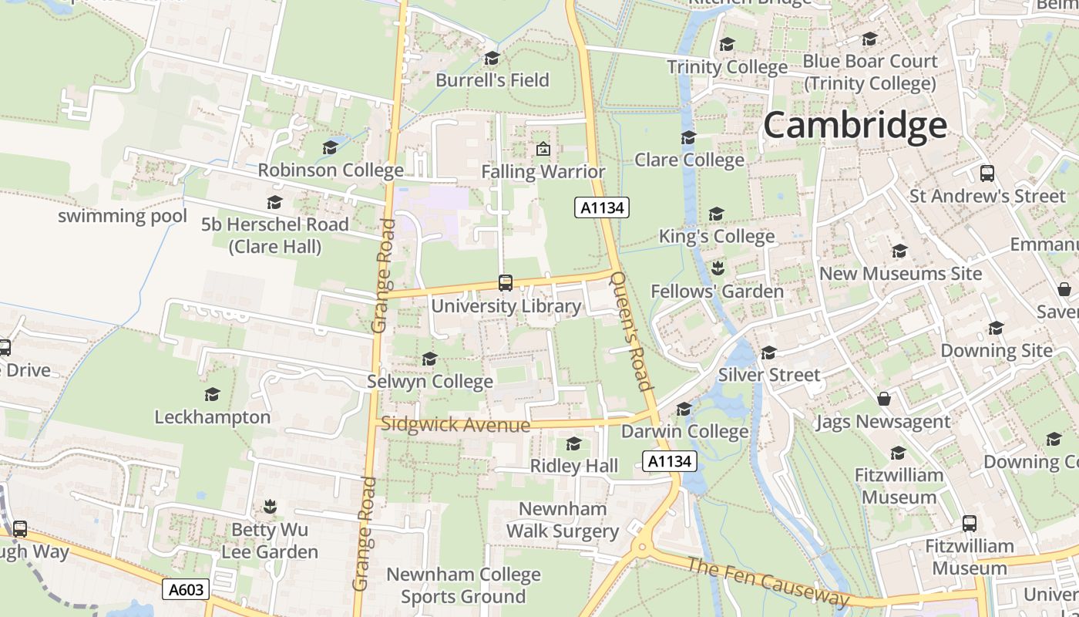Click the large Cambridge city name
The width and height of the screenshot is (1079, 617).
point(855,125)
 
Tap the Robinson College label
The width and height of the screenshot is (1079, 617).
point(330,170)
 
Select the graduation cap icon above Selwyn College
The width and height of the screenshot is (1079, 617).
point(429,359)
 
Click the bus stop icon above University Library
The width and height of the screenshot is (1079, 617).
point(506,283)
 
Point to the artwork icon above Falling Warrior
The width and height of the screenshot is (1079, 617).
point(543,149)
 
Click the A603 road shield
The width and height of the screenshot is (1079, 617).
point(187,590)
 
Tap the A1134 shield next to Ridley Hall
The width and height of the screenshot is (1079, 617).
point(669,461)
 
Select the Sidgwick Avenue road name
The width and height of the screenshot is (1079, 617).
point(455,424)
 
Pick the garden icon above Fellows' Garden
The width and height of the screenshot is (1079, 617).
point(717,268)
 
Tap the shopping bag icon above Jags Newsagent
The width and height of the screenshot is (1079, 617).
point(883,399)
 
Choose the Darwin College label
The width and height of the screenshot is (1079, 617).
point(684,431)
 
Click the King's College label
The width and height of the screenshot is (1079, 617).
point(716,236)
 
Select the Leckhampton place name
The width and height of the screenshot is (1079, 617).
point(213,417)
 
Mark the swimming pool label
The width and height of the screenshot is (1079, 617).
point(123,216)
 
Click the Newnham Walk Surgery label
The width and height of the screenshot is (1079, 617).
point(562,520)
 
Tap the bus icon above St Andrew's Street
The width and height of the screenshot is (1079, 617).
point(987,174)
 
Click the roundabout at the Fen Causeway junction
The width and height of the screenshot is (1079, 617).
point(641,548)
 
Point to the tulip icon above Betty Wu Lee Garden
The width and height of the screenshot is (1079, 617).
point(270,507)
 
